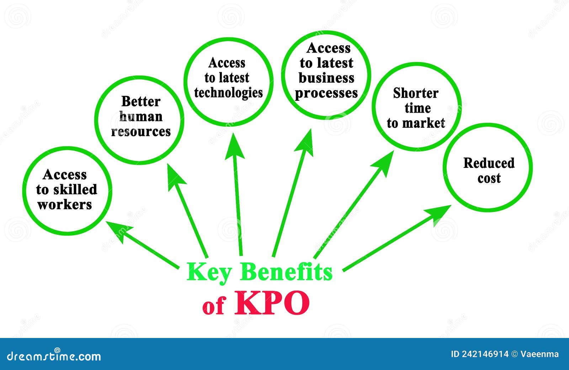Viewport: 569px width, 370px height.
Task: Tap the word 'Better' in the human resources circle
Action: click(x=141, y=101)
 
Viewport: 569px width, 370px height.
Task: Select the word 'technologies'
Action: click(x=228, y=93)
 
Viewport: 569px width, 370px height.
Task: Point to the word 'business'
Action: click(x=326, y=78)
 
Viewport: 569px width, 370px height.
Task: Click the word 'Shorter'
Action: click(x=416, y=93)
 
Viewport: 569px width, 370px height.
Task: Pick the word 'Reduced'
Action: click(x=489, y=163)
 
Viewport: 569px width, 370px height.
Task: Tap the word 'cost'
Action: click(x=489, y=178)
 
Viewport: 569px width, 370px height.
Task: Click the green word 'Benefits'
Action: click(x=287, y=273)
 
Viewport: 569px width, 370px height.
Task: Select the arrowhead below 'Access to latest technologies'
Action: click(x=234, y=146)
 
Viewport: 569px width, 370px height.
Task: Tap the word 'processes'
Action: click(x=326, y=93)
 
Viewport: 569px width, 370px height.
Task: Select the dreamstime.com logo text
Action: click(x=54, y=355)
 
